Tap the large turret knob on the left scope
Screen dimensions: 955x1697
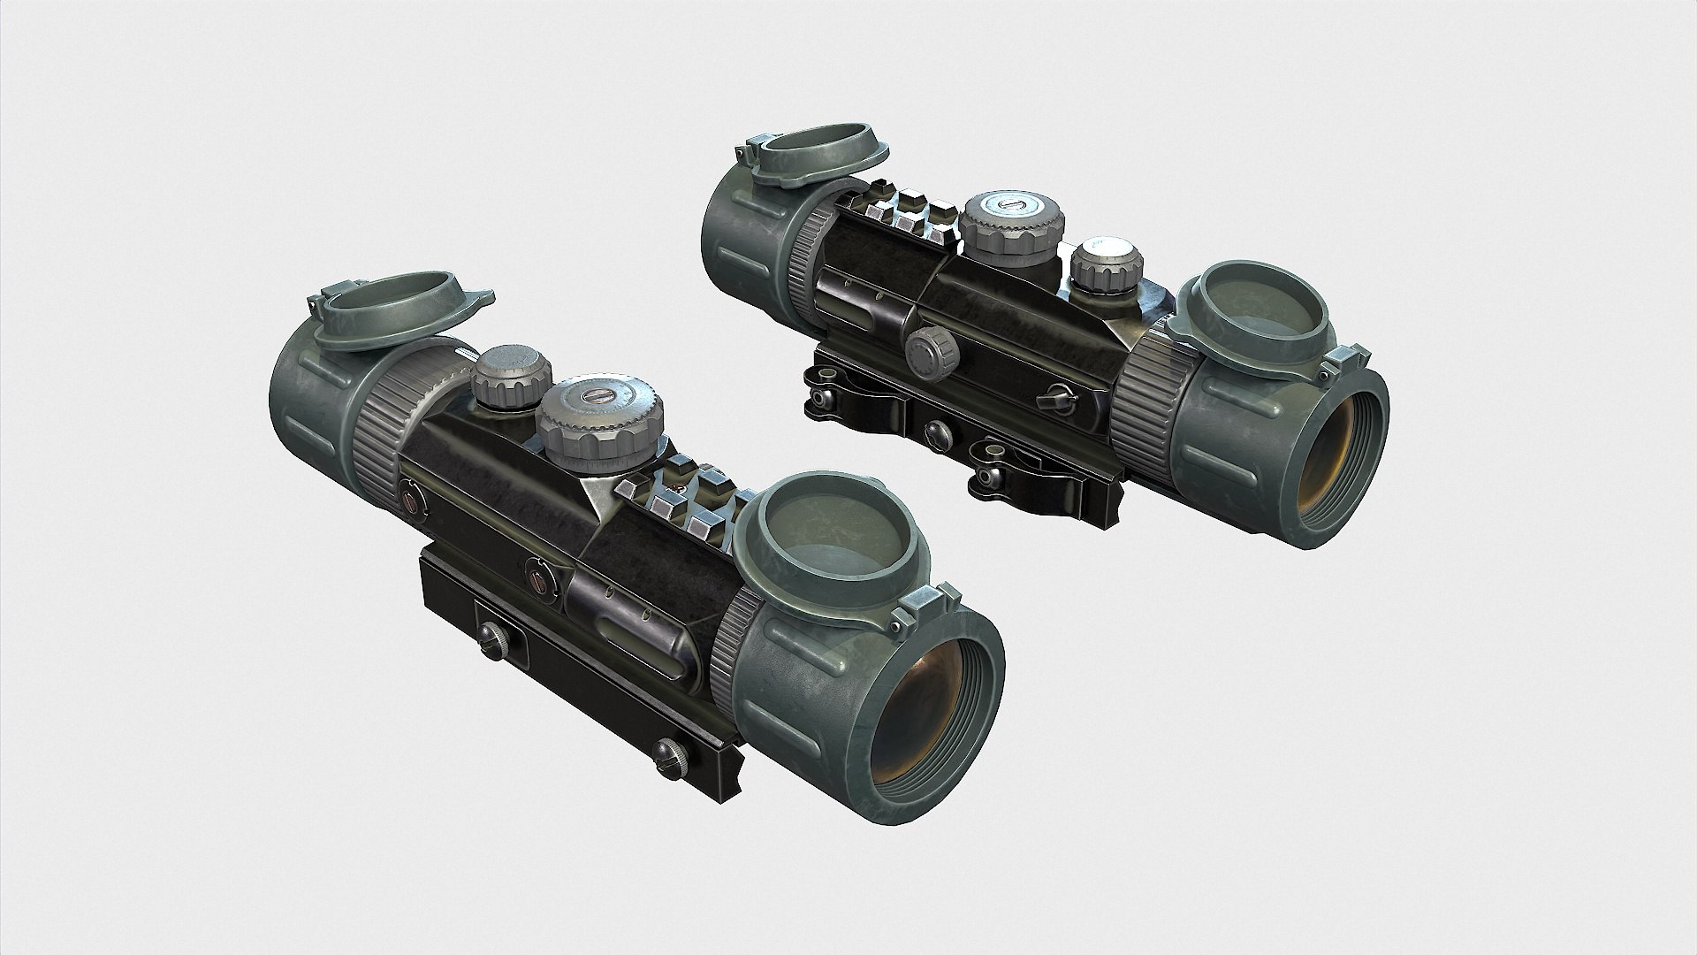click(x=600, y=421)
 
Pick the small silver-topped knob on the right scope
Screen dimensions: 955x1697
click(x=1107, y=263)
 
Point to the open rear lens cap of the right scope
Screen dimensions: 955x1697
click(x=812, y=159)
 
